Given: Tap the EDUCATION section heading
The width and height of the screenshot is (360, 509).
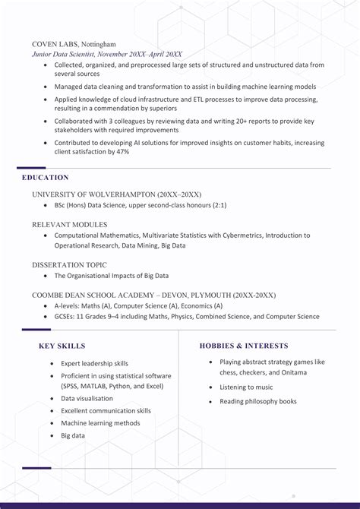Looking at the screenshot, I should pos(46,178).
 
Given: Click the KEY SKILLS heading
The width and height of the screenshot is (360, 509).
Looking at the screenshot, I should pos(62,346).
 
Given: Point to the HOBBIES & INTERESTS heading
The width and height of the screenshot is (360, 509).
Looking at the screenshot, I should pos(244,346).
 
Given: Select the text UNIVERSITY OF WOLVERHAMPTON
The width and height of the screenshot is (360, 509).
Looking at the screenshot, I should pos(94,194).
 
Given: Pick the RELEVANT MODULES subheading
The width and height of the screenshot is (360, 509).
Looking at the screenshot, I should pos(70,225).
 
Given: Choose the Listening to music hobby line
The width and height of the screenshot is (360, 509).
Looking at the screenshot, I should pos(246,387).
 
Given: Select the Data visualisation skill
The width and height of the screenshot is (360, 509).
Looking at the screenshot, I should pos(87,399).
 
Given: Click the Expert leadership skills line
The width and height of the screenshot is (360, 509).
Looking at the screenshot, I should pos(94,364).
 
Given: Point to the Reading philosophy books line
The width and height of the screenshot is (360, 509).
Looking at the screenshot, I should pos(257,402).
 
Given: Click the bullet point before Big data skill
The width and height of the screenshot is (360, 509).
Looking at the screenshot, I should pos(52,436).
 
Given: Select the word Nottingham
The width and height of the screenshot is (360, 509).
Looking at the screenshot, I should pos(100,45).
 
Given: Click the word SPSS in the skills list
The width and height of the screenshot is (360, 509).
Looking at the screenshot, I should pos(74,387).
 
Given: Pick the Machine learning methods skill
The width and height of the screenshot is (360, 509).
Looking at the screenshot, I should pos(100,423).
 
